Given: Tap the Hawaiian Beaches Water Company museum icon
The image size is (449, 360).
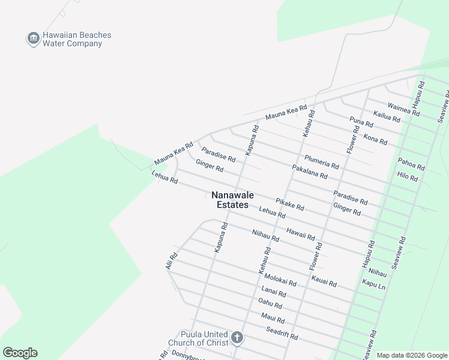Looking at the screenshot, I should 33,39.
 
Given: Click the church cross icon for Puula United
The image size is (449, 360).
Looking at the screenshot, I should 237,338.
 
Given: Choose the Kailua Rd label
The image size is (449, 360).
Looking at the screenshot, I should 387,116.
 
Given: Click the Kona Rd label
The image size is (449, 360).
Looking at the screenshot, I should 375,140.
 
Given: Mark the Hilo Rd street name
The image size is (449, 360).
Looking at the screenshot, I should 408,177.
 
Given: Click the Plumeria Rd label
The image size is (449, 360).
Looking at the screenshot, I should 322,161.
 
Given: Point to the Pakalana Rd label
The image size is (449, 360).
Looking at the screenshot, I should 310,172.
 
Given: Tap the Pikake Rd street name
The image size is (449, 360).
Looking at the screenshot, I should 290,204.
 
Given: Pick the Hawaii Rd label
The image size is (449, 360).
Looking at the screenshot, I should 300,234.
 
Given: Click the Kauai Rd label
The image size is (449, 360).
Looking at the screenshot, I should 324,280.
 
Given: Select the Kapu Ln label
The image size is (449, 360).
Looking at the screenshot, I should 373,283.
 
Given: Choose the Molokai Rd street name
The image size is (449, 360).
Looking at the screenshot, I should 280,279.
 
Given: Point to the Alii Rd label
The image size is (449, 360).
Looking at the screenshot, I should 170,260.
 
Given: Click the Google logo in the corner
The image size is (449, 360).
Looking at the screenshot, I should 20,353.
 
